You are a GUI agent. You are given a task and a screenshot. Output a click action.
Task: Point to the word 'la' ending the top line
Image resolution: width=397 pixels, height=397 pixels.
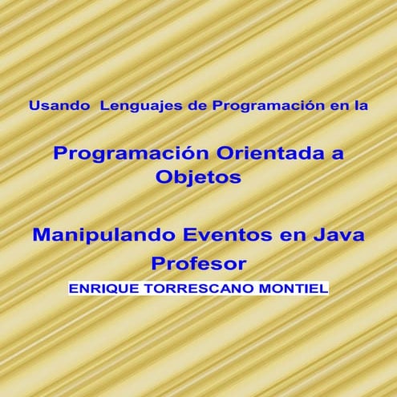coord(359,104)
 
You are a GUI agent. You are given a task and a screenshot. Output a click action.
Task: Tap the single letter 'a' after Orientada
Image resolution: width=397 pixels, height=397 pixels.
coord(338,153)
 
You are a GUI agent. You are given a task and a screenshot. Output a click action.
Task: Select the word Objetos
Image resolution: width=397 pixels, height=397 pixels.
coord(198,178)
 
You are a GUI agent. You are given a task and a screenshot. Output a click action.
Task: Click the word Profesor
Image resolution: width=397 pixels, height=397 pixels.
coord(198,263)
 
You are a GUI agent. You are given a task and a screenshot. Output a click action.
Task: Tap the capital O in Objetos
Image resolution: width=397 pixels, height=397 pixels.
coord(163,178)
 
